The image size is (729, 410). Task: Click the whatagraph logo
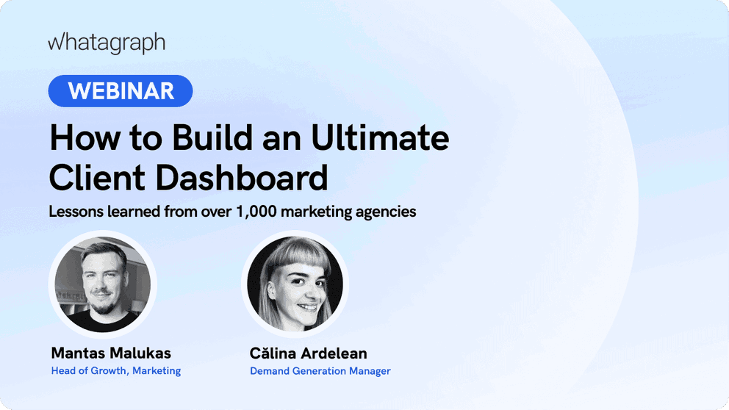click(107, 43)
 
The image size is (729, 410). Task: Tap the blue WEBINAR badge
click(121, 91)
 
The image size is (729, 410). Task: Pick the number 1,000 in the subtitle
click(258, 212)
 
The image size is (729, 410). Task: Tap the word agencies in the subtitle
click(387, 212)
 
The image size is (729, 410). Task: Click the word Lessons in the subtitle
click(75, 212)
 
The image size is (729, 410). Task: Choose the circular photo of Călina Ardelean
click(295, 284)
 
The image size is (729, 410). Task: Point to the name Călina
click(275, 353)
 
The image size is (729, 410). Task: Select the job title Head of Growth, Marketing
click(116, 371)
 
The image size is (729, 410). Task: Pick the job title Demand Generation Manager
click(320, 371)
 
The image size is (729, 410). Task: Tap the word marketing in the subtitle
click(324, 212)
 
